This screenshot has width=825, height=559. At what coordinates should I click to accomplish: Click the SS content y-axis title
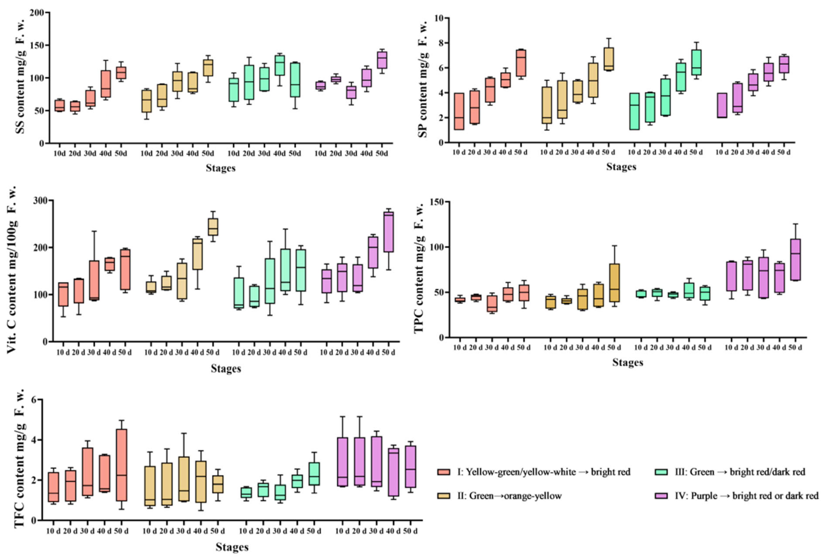21,76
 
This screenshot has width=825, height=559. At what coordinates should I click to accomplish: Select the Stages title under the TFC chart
232,547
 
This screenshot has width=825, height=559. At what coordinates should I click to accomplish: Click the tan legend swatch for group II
444,496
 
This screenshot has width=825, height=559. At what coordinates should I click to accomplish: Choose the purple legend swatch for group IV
661,496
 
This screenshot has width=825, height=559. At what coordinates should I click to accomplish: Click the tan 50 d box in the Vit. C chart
213,227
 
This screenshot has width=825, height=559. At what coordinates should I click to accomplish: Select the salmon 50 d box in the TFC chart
121,465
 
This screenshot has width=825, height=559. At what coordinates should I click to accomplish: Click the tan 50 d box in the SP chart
608,59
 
